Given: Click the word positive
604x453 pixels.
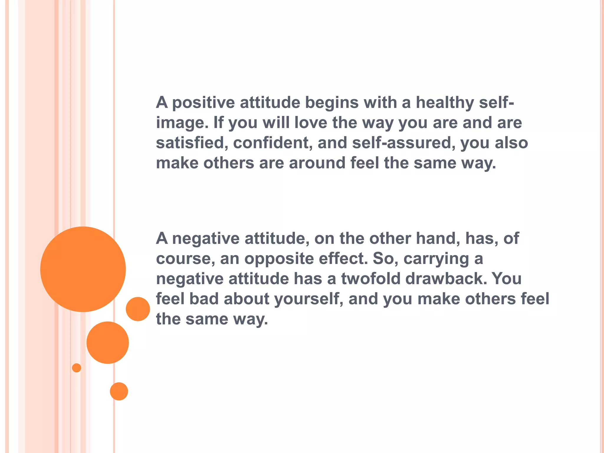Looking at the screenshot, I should point(203,103).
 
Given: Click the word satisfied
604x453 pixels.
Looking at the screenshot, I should point(192,143).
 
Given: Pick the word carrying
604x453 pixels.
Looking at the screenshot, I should point(436,259).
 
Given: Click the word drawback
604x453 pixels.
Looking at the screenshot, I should point(446,278).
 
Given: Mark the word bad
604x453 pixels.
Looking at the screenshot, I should point(204,299).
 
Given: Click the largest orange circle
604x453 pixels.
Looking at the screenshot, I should point(83,269).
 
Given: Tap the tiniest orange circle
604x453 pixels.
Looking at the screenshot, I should point(76,368).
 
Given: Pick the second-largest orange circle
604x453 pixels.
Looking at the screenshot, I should point(108,342).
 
